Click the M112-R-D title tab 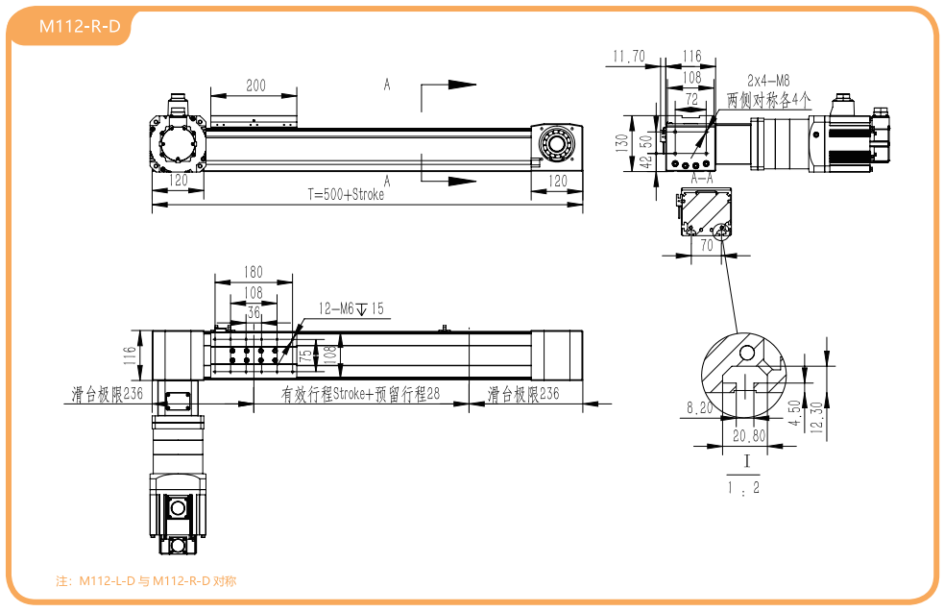[80, 26]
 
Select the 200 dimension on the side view [255, 86]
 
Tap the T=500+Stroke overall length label [346, 194]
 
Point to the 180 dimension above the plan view [254, 272]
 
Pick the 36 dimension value [254, 312]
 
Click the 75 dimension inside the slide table [306, 355]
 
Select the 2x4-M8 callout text [768, 80]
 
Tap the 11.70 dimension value [628, 56]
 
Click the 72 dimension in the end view [691, 99]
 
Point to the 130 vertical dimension [621, 143]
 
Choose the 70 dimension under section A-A [707, 245]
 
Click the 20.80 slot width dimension [749, 435]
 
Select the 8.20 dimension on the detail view [699, 407]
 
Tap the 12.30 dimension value [816, 417]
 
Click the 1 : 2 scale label [744, 488]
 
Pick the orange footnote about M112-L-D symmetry [146, 580]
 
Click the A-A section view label [702, 179]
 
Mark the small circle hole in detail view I [746, 353]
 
